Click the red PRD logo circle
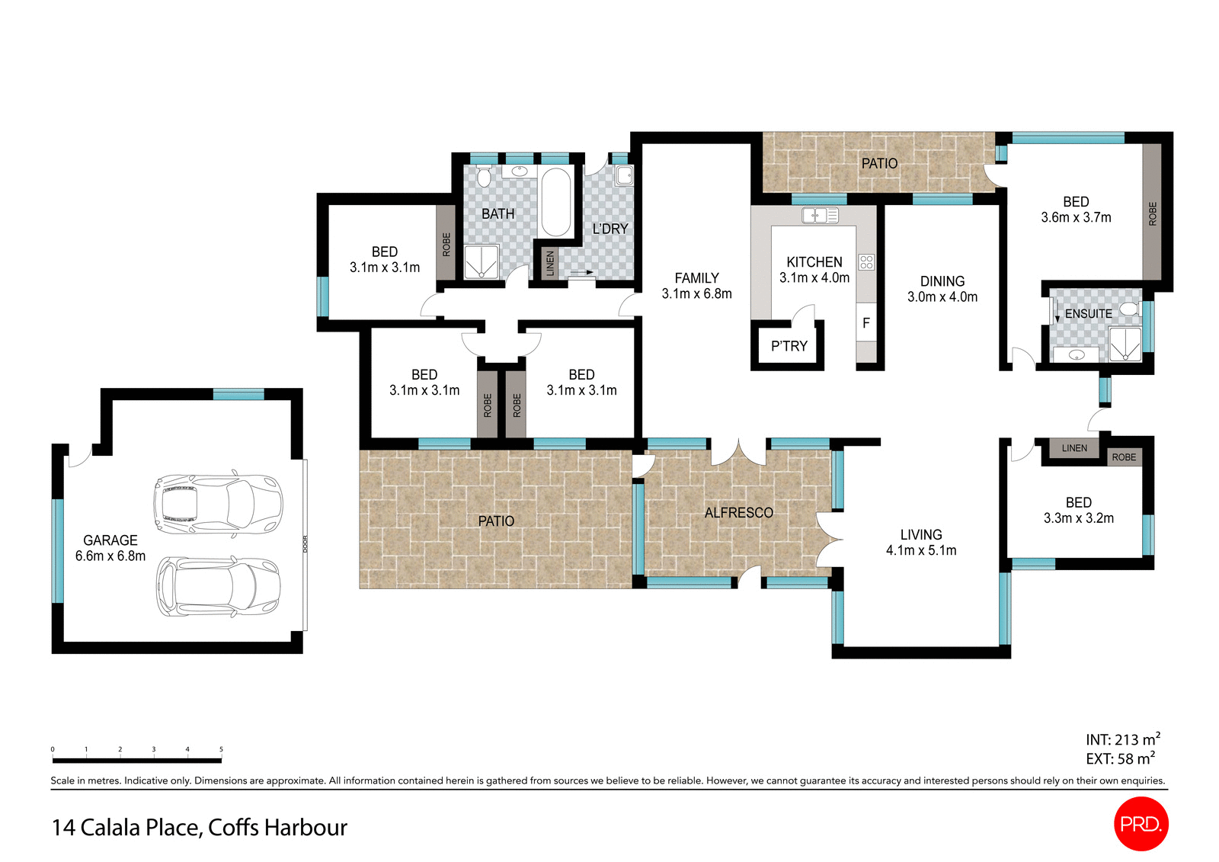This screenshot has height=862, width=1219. tap(1141, 824)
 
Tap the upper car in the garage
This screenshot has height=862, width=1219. tap(219, 504)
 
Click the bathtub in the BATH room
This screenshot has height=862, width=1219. tap(555, 202)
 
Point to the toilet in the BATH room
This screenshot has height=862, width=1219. tap(484, 178)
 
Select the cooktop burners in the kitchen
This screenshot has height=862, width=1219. tap(866, 262)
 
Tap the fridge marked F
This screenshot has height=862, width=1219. tap(866, 323)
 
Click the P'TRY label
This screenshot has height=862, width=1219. tap(789, 346)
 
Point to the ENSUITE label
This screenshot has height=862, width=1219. tap(1088, 313)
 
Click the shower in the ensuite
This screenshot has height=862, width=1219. tap(1125, 344)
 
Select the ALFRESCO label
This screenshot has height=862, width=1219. tap(738, 513)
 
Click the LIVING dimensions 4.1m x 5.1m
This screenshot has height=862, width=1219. tap(920, 550)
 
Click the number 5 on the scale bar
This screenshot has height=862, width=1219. tap(221, 749)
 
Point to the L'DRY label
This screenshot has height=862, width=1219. tap(610, 229)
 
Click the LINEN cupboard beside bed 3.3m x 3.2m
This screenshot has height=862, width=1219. tap(1074, 448)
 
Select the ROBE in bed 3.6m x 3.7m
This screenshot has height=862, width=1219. tap(1152, 213)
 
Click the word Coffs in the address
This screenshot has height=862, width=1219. tap(233, 827)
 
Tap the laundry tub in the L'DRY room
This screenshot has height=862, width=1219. tap(624, 175)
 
